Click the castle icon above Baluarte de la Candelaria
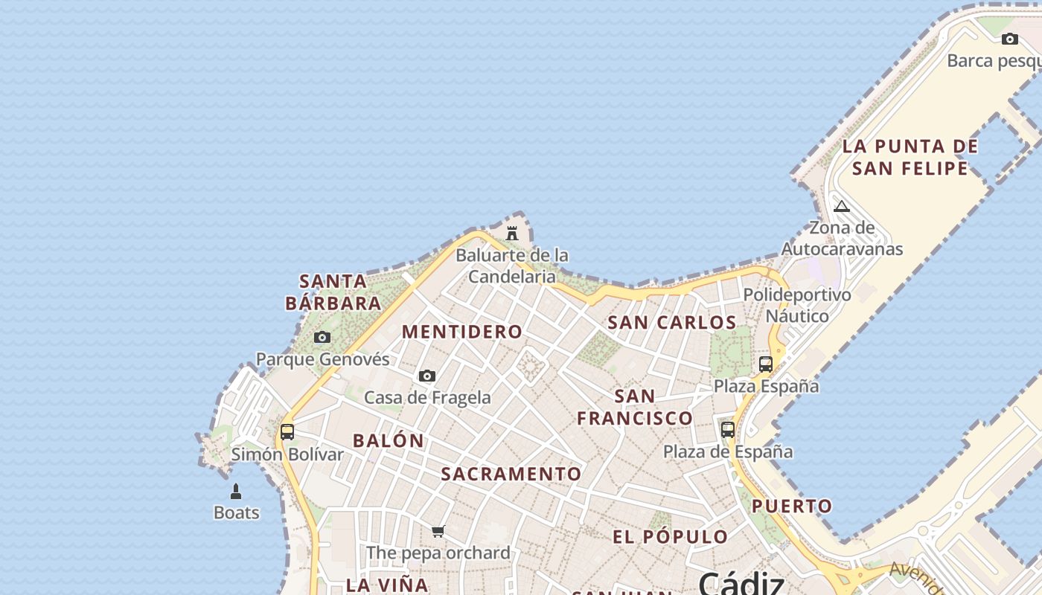(512, 234)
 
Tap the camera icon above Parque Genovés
(322, 338)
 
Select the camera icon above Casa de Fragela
(427, 376)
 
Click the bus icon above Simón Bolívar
(287, 432)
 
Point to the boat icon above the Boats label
(236, 492)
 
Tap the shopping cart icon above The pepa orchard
(438, 532)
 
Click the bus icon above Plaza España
(766, 364)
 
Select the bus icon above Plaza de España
(728, 430)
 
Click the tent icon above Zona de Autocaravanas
(842, 206)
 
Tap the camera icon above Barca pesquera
(1010, 39)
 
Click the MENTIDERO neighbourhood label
(462, 332)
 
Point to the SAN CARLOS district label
(672, 323)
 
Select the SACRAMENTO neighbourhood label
(511, 474)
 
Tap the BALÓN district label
(389, 440)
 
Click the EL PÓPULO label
(671, 536)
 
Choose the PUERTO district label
(792, 506)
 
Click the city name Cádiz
(741, 583)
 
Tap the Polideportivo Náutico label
(797, 306)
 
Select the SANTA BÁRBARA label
(333, 292)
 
